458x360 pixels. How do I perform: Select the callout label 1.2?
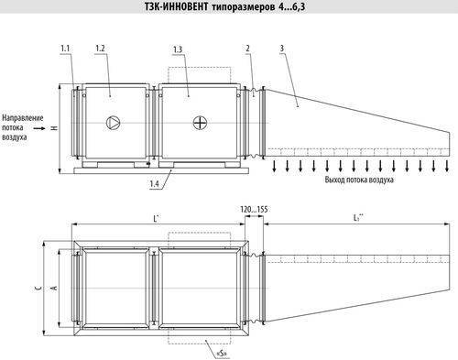click(100, 46)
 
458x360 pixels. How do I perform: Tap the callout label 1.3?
click(177, 47)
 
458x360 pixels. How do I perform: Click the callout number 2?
click(247, 47)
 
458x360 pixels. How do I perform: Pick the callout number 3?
click(282, 47)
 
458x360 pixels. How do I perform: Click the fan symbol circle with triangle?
click(114, 121)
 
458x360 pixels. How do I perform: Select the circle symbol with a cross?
click(201, 121)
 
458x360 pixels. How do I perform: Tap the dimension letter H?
click(54, 128)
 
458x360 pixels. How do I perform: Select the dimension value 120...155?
click(252, 209)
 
